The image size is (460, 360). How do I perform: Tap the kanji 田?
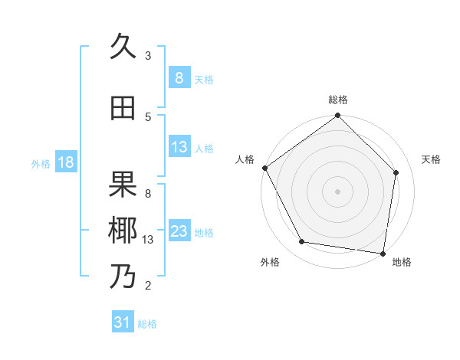click(123, 109)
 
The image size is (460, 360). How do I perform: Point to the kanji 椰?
click(123, 230)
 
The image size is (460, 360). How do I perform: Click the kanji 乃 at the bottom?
click(123, 276)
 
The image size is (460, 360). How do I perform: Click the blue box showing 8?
click(179, 78)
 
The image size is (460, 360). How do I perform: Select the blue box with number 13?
click(179, 147)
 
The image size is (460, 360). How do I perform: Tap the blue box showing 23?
click(179, 231)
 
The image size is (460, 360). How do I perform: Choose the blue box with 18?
click(65, 162)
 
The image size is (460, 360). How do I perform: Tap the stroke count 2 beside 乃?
click(148, 286)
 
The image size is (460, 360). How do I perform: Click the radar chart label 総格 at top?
click(338, 100)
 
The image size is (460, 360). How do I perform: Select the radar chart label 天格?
click(432, 159)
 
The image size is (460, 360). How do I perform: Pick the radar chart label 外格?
click(270, 262)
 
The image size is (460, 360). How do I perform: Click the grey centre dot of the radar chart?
click(338, 191)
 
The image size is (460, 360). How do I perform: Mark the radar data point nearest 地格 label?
click(383, 253)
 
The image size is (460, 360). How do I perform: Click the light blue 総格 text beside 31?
click(147, 324)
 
